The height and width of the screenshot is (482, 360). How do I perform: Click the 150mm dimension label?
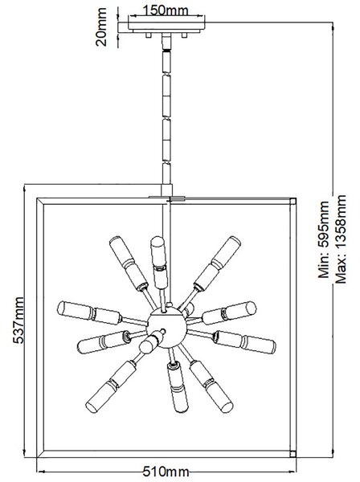(x=166, y=10)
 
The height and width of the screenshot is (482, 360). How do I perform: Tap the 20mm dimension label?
(x=101, y=27)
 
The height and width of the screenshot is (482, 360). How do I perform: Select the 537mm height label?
(x=18, y=320)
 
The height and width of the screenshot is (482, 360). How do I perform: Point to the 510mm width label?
(x=166, y=471)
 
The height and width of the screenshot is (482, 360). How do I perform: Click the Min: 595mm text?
(x=323, y=239)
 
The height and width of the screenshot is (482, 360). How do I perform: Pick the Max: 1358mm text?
(x=341, y=239)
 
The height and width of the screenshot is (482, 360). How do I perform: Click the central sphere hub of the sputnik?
(x=166, y=328)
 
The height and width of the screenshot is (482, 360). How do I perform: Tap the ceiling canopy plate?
(x=166, y=27)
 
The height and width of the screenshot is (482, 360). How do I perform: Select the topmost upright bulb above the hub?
(x=159, y=262)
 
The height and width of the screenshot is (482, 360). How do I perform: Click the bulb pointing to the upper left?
(x=129, y=263)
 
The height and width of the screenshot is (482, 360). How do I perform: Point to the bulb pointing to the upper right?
(x=217, y=263)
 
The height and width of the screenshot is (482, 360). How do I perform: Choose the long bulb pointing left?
(x=90, y=312)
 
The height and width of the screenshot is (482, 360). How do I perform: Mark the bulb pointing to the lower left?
(x=111, y=387)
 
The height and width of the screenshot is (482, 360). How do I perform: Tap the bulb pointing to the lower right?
(x=211, y=386)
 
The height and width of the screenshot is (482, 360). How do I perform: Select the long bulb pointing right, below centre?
(x=244, y=342)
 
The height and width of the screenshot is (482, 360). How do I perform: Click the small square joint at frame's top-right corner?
(x=293, y=201)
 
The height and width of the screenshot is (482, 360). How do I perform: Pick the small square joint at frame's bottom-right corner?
(x=293, y=454)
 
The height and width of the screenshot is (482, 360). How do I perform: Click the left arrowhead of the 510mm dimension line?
(x=40, y=472)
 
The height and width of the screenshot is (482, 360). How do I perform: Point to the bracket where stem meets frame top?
(x=167, y=198)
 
